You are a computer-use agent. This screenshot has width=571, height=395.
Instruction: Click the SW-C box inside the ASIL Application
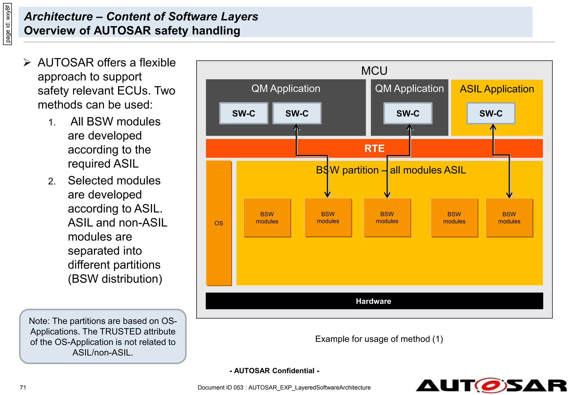click(491, 113)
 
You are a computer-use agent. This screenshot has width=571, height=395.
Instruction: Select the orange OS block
click(219, 223)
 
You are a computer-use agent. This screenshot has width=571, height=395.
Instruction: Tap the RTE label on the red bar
click(374, 148)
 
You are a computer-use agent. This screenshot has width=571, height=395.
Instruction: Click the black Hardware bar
click(374, 301)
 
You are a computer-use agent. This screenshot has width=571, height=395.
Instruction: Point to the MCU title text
click(374, 71)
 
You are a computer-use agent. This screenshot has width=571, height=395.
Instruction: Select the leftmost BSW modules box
click(267, 218)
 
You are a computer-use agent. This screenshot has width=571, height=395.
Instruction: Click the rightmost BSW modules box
click(509, 218)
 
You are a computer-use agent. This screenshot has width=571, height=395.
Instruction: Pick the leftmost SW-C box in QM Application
click(244, 113)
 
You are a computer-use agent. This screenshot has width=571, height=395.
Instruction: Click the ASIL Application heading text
click(497, 89)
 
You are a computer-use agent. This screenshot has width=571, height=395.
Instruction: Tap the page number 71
click(23, 387)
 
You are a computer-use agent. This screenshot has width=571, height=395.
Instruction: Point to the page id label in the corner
click(8, 24)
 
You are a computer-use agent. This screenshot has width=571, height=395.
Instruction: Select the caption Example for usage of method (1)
click(379, 339)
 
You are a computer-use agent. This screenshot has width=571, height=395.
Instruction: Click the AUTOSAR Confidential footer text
click(274, 371)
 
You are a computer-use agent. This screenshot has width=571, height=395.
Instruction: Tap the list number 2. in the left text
click(52, 181)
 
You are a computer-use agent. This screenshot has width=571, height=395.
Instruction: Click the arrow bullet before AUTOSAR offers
click(27, 62)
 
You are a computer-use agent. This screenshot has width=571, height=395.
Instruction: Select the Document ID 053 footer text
click(284, 387)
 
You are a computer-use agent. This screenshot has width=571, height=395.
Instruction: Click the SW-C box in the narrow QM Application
click(408, 113)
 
